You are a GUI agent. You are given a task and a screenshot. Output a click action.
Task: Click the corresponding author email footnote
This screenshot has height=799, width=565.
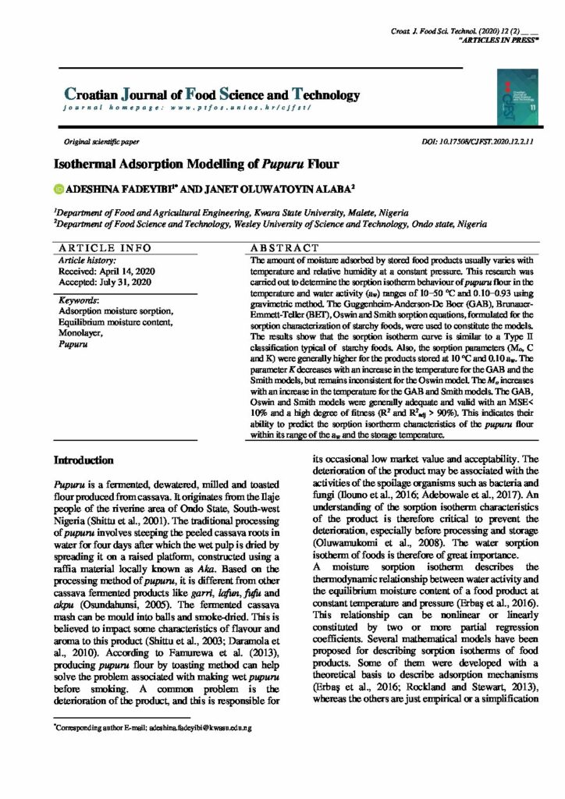point(158,726)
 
